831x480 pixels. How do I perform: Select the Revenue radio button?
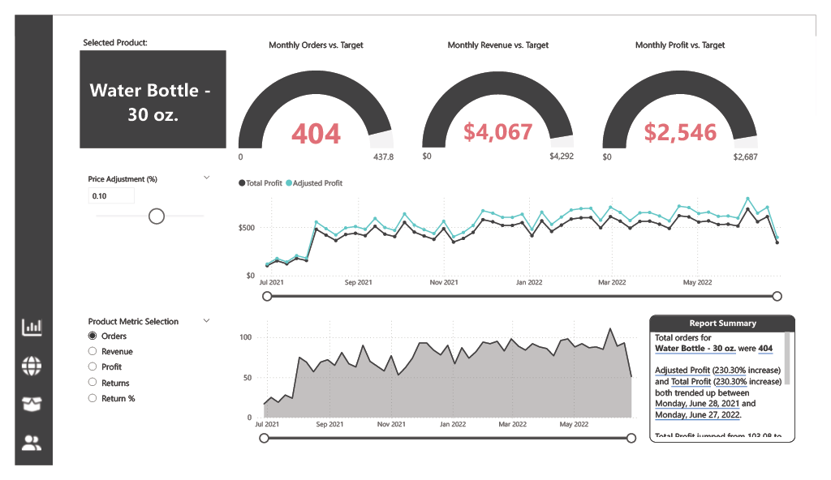[93, 352]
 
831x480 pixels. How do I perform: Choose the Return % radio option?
[93, 398]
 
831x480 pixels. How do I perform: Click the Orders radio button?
[93, 336]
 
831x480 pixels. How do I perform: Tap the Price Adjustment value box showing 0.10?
[111, 196]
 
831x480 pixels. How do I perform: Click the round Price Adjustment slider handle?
[157, 216]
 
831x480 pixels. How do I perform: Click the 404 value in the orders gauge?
[316, 133]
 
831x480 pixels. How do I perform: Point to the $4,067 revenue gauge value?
[497, 131]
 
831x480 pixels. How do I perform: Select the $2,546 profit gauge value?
[680, 132]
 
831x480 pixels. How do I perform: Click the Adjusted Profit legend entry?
[317, 183]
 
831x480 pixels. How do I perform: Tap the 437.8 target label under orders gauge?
[382, 156]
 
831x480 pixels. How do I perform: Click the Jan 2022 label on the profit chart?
[529, 283]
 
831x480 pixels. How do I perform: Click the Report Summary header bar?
[722, 323]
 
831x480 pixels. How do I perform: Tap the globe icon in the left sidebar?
[32, 366]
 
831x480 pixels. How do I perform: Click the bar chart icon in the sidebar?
[32, 327]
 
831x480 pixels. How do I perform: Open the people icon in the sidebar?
[32, 443]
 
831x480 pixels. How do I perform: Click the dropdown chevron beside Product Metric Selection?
[206, 321]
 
